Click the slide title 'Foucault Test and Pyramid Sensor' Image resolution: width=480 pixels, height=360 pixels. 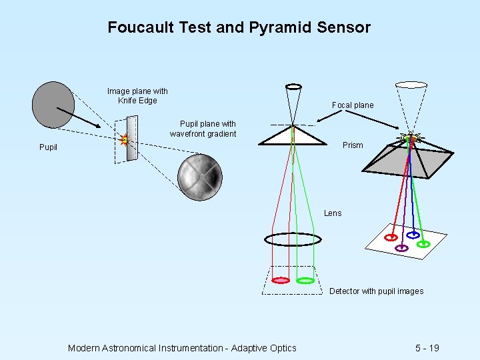[239, 27]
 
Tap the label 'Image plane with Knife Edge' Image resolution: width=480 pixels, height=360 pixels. [137, 95]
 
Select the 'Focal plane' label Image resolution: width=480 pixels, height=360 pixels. [353, 105]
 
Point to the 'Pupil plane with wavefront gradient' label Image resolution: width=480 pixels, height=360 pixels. [203, 129]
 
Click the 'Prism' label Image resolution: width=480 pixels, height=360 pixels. [353, 145]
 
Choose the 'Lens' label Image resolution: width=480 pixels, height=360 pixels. [333, 213]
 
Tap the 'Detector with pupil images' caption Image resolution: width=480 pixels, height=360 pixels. [376, 291]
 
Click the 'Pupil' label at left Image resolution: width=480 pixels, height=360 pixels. [48, 147]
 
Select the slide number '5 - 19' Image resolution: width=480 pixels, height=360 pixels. [427, 347]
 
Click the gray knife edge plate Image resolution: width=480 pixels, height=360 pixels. [132, 139]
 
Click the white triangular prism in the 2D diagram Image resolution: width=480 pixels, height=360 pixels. [293, 136]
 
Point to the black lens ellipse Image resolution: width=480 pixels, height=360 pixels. [293, 239]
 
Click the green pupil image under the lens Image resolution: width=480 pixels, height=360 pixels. [305, 281]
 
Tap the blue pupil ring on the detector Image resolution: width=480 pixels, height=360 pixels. [413, 235]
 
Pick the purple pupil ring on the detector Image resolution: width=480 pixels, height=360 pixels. [401, 248]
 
